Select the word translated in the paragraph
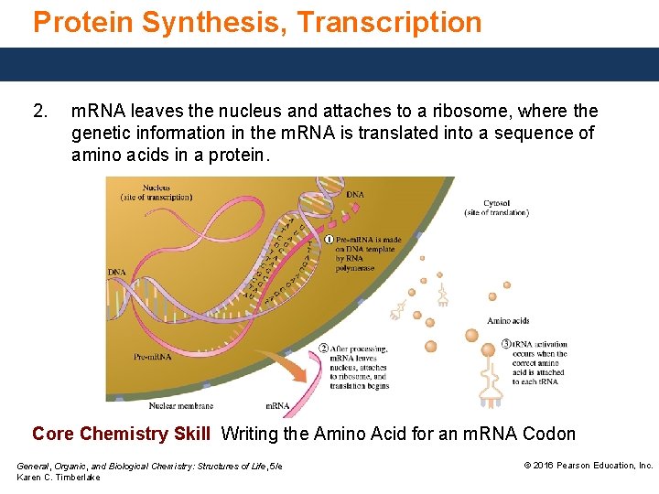385,134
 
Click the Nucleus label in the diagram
156,188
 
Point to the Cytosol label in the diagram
496,203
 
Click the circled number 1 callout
329,240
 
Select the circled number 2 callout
324,349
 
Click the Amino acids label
508,321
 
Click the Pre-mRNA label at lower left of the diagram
152,357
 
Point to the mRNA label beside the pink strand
277,405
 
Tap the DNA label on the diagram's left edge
116,273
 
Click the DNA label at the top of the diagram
355,194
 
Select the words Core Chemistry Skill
121,434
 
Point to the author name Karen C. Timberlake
59,478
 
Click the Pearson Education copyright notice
588,466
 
